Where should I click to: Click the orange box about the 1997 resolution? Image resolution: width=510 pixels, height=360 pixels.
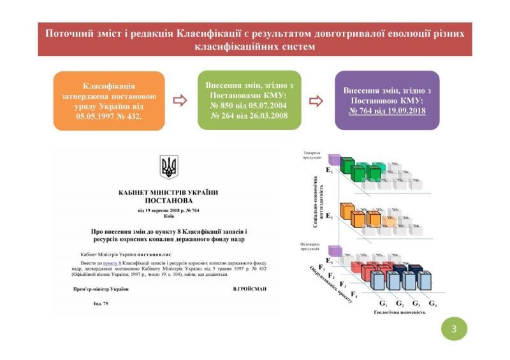point(109,101)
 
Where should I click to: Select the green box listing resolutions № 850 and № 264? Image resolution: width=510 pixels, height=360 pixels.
point(249,101)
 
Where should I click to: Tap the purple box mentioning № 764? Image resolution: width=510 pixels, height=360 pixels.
point(387,101)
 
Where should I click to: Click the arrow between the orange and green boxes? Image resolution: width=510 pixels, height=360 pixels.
point(180,100)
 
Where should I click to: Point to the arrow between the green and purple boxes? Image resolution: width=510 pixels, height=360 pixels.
point(316,100)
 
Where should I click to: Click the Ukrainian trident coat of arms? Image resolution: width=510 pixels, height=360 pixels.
point(169,167)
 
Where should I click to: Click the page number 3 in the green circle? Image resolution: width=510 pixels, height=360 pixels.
point(454,329)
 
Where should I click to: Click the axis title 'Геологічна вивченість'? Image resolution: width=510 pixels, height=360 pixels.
point(398,313)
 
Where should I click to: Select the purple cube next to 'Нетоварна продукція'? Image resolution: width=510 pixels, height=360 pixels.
point(331,250)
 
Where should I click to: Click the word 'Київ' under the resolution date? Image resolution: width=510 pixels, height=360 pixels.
point(168,216)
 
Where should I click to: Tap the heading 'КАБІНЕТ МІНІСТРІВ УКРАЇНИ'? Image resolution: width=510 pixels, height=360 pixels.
point(168,192)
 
